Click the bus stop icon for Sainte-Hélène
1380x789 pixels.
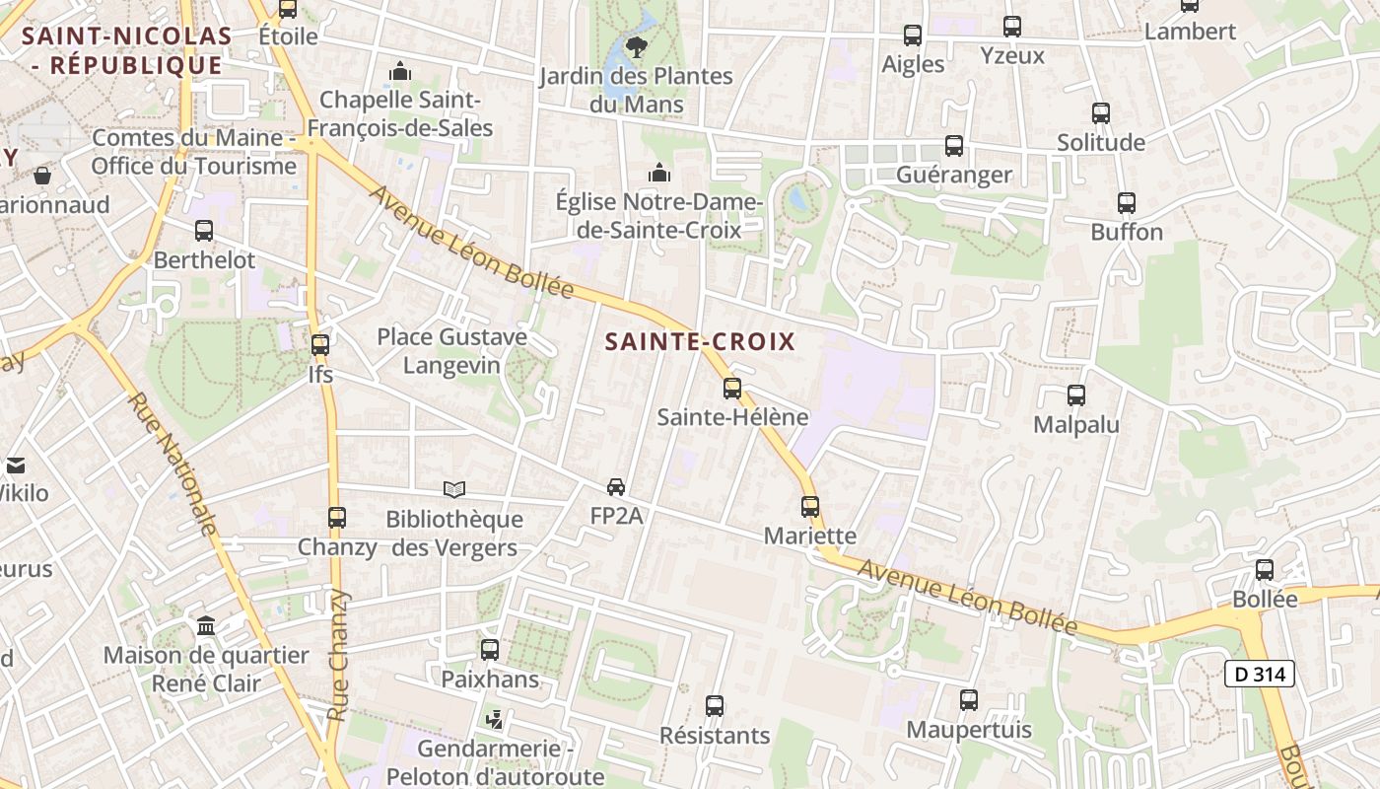[731, 388]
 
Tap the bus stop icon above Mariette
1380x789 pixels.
[810, 506]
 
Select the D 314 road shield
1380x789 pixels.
[1259, 675]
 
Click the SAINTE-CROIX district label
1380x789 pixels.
[700, 342]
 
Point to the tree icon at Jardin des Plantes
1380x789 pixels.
[636, 45]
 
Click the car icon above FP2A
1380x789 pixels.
[616, 486]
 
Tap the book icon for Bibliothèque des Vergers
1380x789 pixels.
[453, 489]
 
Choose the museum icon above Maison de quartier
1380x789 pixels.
[206, 625]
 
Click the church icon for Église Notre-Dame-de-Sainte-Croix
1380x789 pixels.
[658, 174]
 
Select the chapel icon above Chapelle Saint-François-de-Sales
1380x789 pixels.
[400, 71]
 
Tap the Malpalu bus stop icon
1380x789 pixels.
[1076, 395]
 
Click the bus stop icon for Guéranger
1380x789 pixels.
[954, 146]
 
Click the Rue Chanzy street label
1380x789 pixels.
[338, 655]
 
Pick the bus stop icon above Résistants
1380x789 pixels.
[715, 706]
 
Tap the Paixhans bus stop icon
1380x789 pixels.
[490, 650]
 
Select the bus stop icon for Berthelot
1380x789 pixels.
[204, 231]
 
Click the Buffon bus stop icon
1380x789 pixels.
[1127, 203]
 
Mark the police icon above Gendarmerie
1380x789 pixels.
[495, 720]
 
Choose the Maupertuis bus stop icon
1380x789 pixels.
[969, 700]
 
